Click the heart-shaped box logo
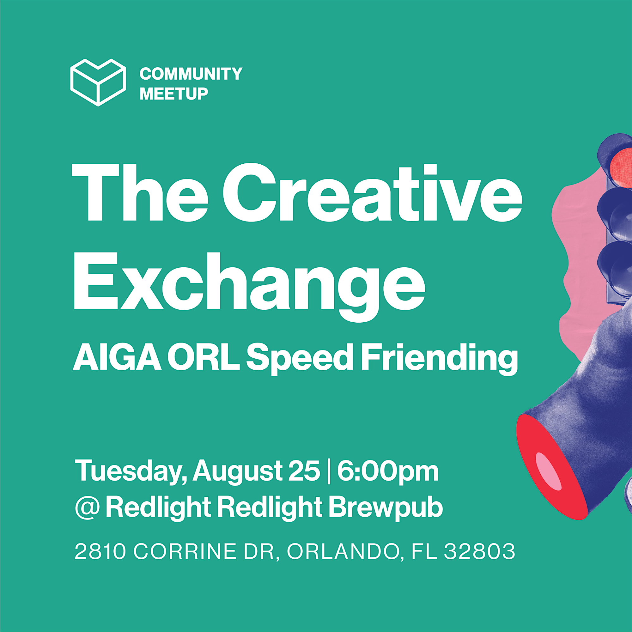pos(98,82)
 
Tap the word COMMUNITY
pos(191,74)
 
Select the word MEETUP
pos(174,94)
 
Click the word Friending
pos(439,359)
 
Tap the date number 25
pos(304,471)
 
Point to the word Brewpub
pos(385,508)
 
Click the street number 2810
pos(100,551)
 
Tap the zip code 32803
pos(480,551)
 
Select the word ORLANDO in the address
pos(343,552)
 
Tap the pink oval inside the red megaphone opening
pos(549,472)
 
